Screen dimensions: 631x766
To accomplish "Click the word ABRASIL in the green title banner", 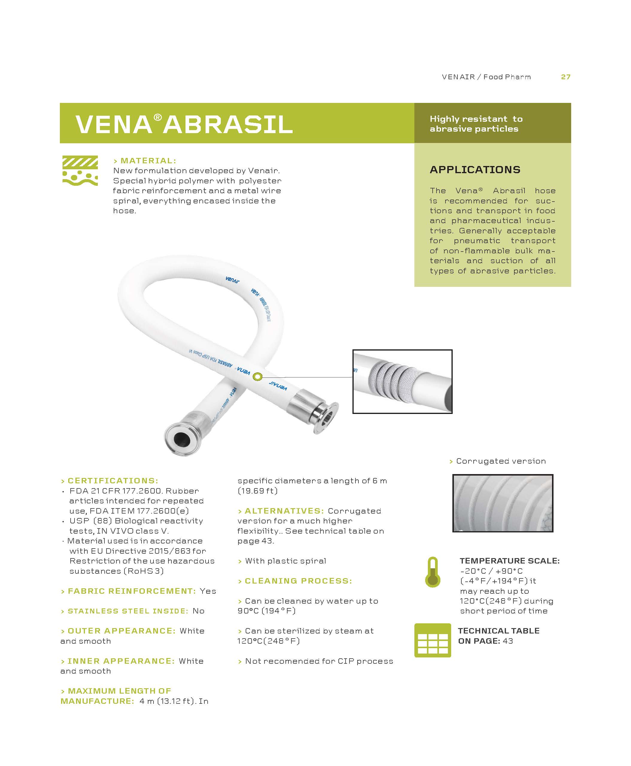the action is (228, 124).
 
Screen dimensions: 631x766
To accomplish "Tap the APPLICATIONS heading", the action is (475, 170).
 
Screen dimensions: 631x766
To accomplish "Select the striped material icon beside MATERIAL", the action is (80, 170).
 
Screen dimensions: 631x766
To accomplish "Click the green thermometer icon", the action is (433, 572).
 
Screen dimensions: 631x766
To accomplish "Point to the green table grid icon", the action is (433, 640).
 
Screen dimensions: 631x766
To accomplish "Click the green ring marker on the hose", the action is (257, 377).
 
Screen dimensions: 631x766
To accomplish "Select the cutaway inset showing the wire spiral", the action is (402, 382).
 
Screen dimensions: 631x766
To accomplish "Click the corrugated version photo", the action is (503, 503).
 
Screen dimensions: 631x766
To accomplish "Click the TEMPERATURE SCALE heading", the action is (510, 561).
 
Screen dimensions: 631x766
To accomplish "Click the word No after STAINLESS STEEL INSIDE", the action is (198, 611).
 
